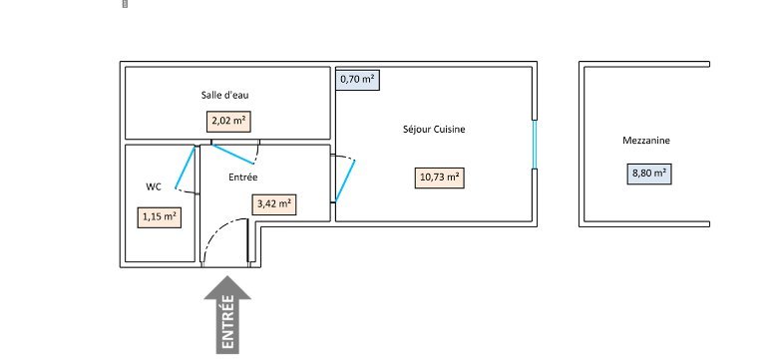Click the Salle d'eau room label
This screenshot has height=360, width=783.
[224, 95]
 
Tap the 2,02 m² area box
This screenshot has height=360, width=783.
[228, 121]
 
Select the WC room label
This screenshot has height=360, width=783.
[154, 186]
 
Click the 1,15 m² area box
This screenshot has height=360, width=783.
[159, 217]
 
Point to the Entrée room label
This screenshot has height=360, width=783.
[243, 177]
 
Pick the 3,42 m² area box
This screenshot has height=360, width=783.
[274, 204]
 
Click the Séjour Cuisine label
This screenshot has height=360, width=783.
[434, 130]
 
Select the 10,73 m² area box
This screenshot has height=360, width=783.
[440, 178]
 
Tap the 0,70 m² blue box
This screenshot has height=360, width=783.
[357, 79]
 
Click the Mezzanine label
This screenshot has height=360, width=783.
[646, 141]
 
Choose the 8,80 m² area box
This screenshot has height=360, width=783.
[649, 174]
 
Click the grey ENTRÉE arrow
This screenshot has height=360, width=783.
[227, 314]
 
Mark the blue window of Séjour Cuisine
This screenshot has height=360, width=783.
[534, 145]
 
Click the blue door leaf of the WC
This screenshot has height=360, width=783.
[185, 168]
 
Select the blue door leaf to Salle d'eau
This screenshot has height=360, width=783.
[232, 155]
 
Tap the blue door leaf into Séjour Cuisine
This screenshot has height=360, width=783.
[345, 180]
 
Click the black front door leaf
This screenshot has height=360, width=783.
[248, 240]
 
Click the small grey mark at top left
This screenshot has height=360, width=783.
[125, 4]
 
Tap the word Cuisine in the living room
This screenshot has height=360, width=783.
[450, 130]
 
